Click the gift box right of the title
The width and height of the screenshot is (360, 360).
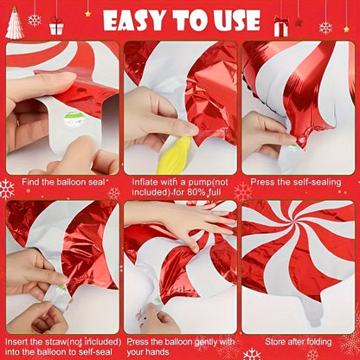point(280,27)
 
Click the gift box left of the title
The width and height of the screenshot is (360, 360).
point(56,25)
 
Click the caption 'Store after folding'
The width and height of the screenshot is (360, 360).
point(297,341)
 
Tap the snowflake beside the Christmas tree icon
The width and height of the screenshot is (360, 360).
point(35,19)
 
